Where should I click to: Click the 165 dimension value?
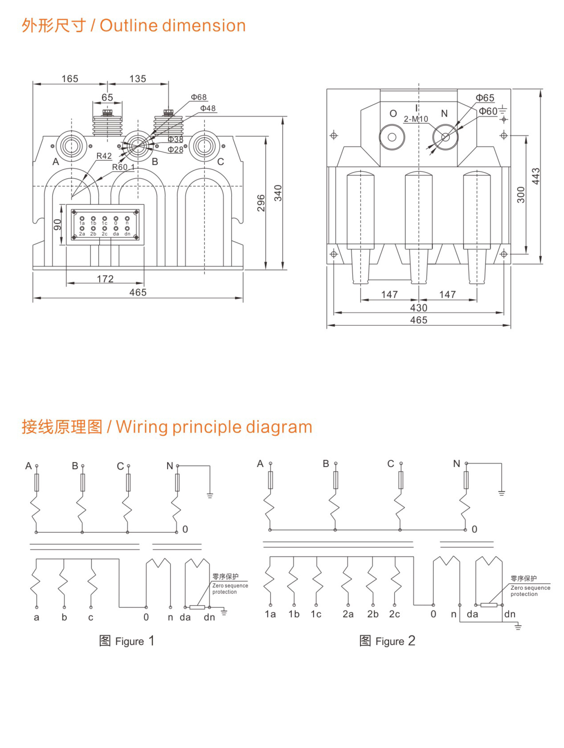tap(70, 79)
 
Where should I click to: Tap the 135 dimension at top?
tap(138, 79)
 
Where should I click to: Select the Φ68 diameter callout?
tap(199, 97)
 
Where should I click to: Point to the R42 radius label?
tap(104, 156)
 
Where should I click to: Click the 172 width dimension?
tap(105, 279)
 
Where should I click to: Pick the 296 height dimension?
tap(261, 203)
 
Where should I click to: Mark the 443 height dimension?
tap(535, 176)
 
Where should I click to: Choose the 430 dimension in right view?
tap(419, 308)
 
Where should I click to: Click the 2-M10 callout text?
tap(416, 119)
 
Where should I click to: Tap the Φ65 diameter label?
tap(485, 98)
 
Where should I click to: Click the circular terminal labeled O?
tap(392, 137)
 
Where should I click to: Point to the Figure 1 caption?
tap(126, 641)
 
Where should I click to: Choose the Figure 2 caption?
tap(387, 641)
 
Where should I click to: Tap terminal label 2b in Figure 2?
tap(373, 614)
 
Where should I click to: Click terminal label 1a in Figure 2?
tap(270, 614)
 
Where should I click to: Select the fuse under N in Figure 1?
tap(177, 483)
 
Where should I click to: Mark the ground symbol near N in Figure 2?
tap(501, 493)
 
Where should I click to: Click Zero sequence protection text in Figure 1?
tap(230, 589)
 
